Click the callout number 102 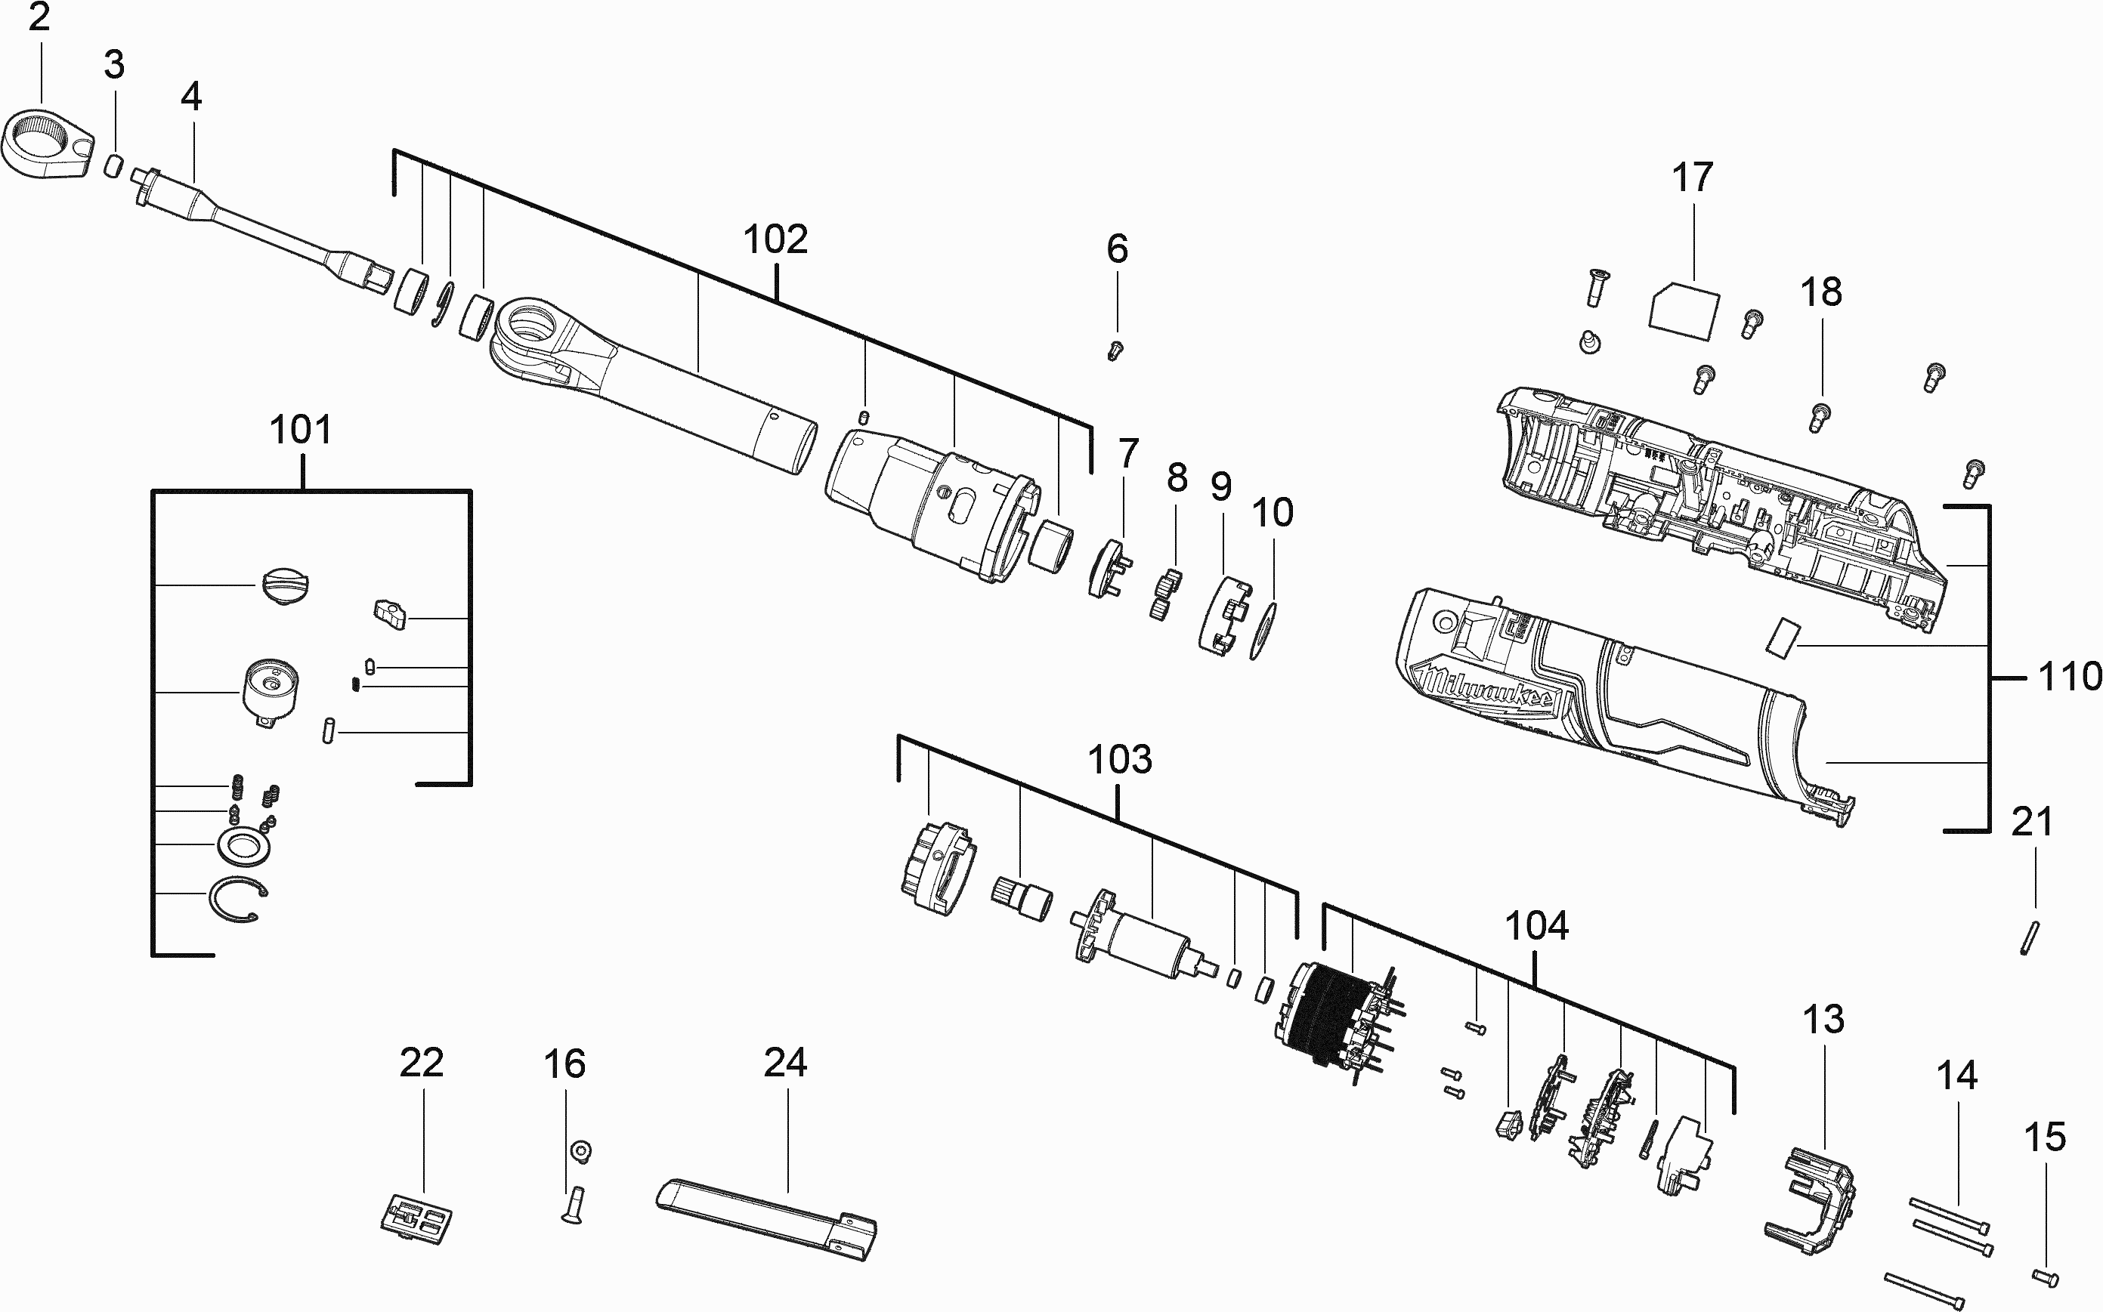point(775,239)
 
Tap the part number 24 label point(785,1062)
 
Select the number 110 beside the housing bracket point(2069,676)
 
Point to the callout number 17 point(1693,177)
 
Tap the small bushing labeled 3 point(113,165)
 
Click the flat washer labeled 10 point(1263,631)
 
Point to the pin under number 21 point(2029,938)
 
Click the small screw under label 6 point(1116,350)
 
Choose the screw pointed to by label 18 point(1820,416)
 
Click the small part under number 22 point(416,1220)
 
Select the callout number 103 point(1120,759)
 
